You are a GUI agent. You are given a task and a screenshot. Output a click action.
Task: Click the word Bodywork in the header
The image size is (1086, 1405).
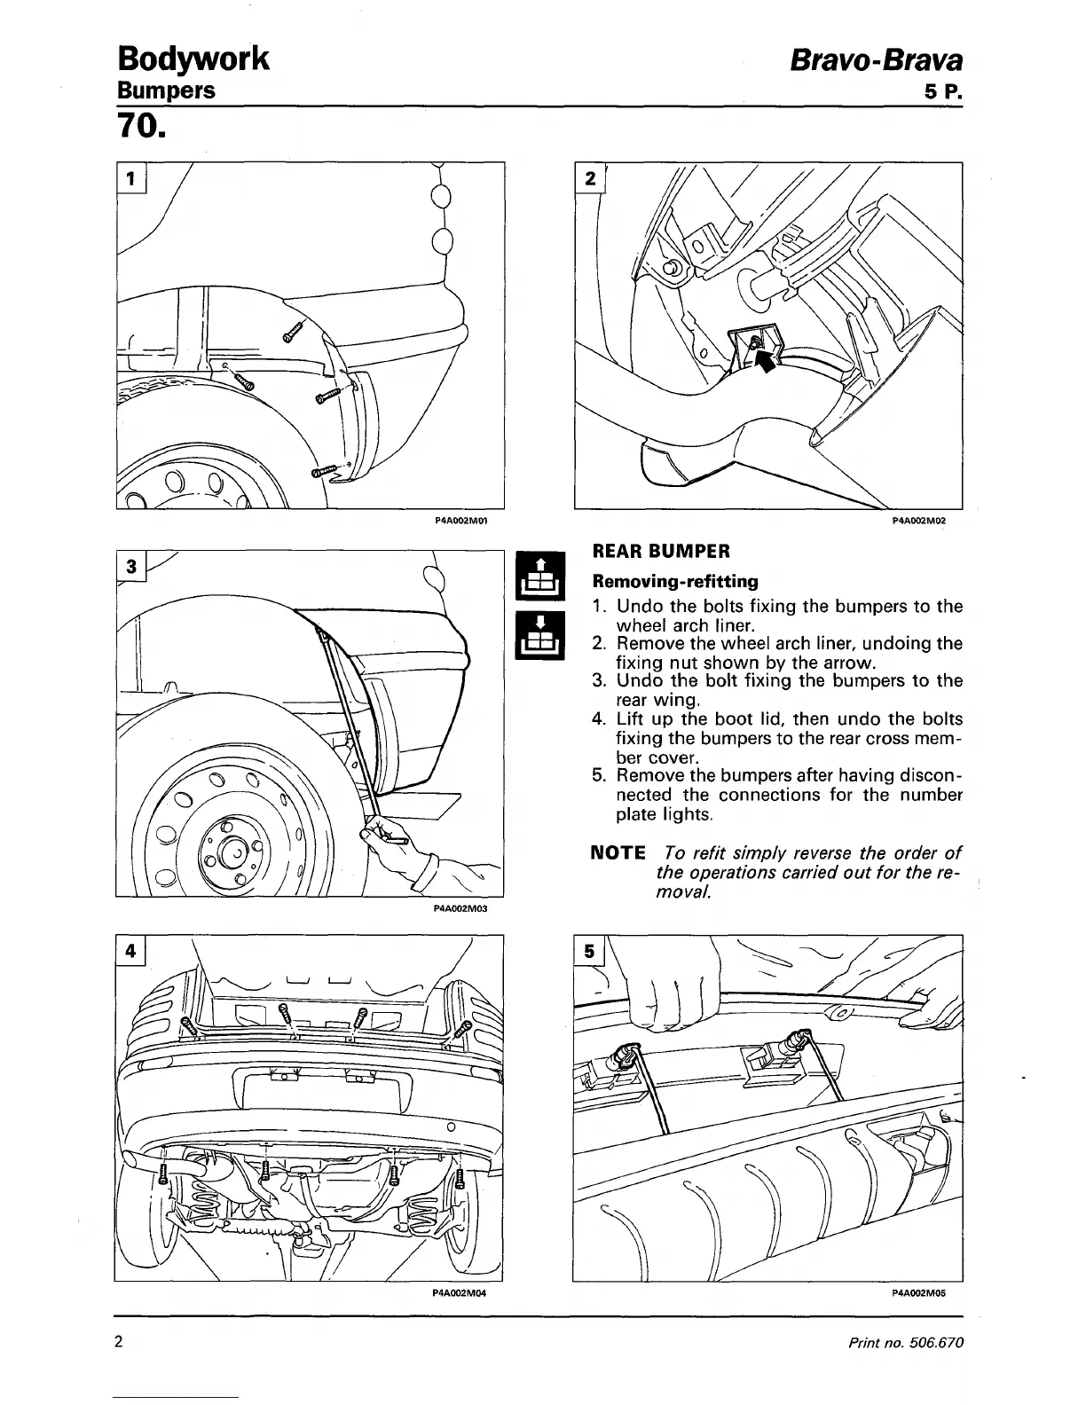click(x=193, y=59)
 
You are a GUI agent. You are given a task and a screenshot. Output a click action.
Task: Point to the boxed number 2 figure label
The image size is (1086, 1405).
click(x=588, y=177)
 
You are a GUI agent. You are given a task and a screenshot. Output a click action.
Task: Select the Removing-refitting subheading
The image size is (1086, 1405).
click(x=675, y=582)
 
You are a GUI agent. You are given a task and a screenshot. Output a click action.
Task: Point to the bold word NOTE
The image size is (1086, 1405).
click(x=618, y=853)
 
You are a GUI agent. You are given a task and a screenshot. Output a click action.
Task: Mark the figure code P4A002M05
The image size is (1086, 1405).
click(x=919, y=1292)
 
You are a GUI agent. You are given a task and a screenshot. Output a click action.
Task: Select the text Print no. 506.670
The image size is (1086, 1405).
click(x=905, y=1342)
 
